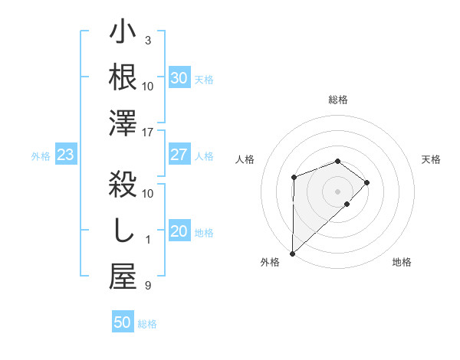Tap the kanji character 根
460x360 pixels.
(x=123, y=77)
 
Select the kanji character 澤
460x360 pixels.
(x=123, y=123)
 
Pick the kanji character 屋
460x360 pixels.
(x=123, y=277)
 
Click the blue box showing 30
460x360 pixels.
(x=179, y=78)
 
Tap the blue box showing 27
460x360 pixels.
(x=179, y=155)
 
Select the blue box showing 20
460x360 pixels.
(x=179, y=231)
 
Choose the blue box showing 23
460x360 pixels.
(x=65, y=155)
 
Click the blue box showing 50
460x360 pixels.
(x=122, y=322)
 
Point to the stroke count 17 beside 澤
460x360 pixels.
(x=149, y=133)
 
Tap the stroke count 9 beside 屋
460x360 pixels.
(x=148, y=286)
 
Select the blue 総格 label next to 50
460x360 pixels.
(x=147, y=324)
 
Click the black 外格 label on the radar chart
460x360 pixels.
(x=270, y=262)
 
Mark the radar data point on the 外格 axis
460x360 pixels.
(x=292, y=253)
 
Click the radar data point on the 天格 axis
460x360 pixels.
(x=367, y=182)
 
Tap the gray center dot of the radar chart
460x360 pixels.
(x=337, y=191)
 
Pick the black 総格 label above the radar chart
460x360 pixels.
(x=337, y=100)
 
